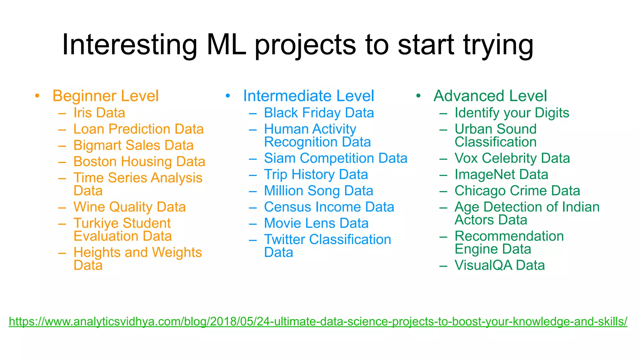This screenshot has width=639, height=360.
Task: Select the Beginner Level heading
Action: pos(105,96)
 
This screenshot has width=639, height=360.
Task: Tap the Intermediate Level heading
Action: pos(308,96)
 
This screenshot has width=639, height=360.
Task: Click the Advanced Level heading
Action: pos(490,96)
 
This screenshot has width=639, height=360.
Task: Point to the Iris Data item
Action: pos(99,113)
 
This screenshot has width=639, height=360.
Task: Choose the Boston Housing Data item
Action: pos(139,162)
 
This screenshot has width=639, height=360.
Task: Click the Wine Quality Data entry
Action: pos(129,207)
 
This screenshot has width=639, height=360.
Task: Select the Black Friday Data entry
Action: pos(319,113)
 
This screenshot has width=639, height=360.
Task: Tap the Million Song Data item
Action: pos(318,191)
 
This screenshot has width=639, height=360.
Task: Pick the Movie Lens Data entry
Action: pos(316,223)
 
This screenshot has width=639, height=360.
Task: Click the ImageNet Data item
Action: pos(501,175)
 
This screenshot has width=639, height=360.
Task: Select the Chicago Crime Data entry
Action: pos(517,191)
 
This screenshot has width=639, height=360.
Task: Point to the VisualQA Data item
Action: pos(500,265)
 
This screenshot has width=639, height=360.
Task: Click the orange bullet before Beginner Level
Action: pos(37,96)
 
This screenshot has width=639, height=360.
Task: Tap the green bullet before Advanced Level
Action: pos(418,96)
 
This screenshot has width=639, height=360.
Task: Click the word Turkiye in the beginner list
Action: pos(96,223)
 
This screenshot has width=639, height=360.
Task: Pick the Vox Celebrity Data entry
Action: pos(512,158)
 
